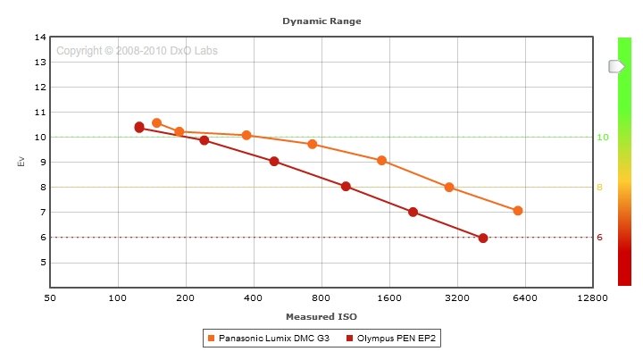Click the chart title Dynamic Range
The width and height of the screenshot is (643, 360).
coord(321,20)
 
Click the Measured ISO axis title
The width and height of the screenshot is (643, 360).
coord(321,316)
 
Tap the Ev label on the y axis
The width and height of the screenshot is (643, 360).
coord(21,162)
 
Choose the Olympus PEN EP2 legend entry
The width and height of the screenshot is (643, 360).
coord(396,339)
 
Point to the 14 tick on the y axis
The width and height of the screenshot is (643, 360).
coord(40,38)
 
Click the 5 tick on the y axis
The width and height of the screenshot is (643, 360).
coord(42,263)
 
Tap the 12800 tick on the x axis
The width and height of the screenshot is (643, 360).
coord(592,298)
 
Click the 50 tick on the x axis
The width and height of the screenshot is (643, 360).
coord(50,298)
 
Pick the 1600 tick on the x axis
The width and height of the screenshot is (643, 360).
coord(388,298)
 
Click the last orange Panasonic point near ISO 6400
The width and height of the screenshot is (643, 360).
coord(517,211)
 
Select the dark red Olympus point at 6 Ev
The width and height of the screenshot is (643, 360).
coord(483,238)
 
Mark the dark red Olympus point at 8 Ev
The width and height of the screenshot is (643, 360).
coord(346,187)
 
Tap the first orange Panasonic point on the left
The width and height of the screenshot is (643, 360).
coord(156,123)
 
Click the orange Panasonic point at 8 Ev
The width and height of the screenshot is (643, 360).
coord(449,188)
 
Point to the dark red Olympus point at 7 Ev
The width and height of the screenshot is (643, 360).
coord(413,212)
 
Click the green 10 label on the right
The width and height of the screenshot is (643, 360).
coord(602,138)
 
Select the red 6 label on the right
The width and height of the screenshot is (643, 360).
coord(600,238)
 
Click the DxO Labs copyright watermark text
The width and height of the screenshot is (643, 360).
coord(137,51)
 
